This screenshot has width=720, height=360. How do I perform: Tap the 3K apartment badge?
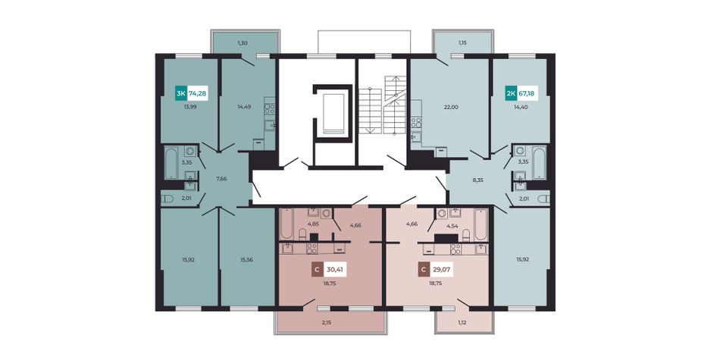[x=181, y=94]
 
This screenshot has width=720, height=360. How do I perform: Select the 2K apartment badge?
[x=511, y=94]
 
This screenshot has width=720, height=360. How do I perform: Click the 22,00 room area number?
[x=451, y=107]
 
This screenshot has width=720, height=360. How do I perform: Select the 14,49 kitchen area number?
[x=244, y=107]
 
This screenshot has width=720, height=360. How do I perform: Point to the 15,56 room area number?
[x=246, y=259]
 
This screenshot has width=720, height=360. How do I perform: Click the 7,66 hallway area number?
[x=222, y=179]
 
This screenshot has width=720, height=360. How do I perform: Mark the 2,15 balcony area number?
[x=326, y=323]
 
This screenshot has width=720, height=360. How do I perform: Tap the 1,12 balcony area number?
[x=462, y=321]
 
